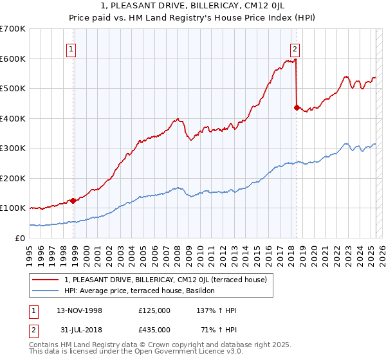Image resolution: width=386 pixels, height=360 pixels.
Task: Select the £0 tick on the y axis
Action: pyautogui.click(x=20, y=238)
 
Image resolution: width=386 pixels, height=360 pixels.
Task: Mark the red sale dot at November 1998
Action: pyautogui.click(x=73, y=201)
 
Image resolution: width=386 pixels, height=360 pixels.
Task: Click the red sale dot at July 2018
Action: pyautogui.click(x=296, y=107)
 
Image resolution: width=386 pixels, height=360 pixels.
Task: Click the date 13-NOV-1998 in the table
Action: pyautogui.click(x=79, y=310)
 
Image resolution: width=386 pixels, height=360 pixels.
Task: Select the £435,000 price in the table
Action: pyautogui.click(x=154, y=330)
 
